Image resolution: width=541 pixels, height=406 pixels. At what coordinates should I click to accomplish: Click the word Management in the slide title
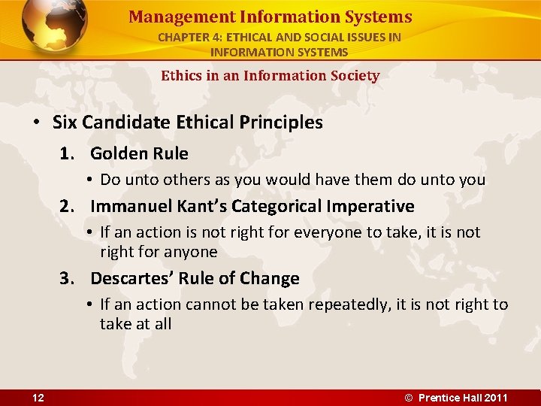coord(170,17)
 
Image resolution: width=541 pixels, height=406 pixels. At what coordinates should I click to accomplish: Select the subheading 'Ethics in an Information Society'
coord(270,75)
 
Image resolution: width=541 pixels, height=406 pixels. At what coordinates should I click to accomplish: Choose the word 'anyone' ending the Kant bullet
coord(192,252)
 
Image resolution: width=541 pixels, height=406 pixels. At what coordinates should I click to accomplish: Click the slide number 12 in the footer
coord(38,398)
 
